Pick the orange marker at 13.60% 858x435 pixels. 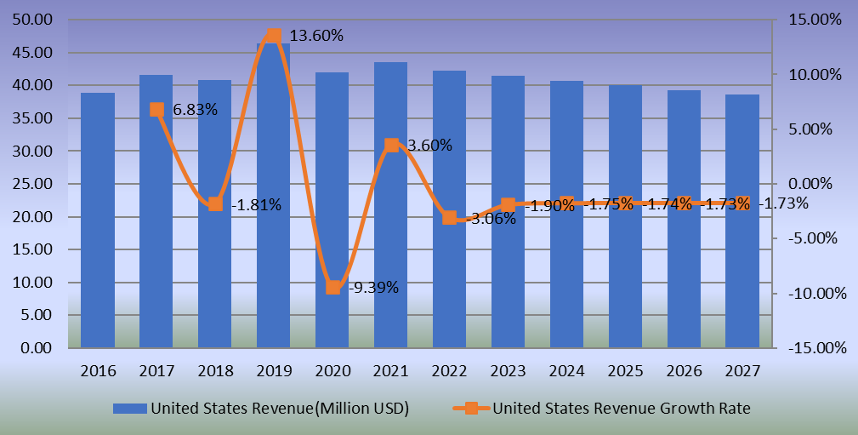[274, 36]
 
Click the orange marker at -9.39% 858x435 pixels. [333, 287]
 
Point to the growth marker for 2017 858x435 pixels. [157, 109]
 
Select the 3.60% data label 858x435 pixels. [429, 146]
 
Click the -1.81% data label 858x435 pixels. [256, 204]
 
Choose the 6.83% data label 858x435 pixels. [195, 109]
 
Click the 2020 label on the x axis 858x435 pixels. [332, 371]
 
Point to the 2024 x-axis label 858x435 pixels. [567, 371]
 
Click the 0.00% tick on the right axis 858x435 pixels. [815, 184]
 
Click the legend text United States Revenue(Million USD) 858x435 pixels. [280, 409]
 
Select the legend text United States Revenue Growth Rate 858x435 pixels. [622, 409]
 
